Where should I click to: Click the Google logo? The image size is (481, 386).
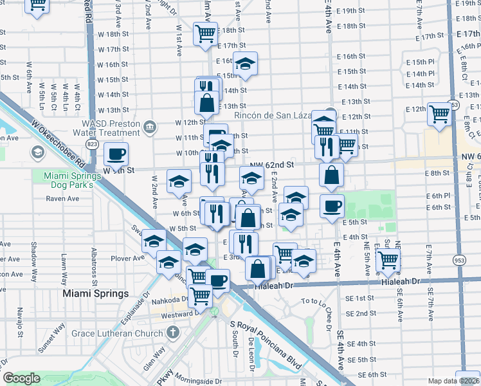pos(21,378)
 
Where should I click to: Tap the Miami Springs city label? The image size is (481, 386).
pos(95,293)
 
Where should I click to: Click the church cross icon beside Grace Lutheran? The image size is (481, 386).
pos(171,333)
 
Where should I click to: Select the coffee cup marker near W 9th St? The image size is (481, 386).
pos(116,154)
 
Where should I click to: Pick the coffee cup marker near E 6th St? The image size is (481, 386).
pos(332,206)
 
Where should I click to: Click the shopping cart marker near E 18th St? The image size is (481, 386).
pos(205,33)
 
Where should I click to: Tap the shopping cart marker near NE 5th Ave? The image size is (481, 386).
pos(388,260)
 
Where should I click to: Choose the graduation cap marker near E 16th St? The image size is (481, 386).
pos(244,63)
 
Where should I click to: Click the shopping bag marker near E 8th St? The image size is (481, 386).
pos(331,174)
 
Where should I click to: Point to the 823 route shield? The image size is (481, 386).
pos(93,144)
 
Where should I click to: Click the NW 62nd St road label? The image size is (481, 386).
pos(271,165)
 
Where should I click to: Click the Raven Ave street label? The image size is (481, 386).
pos(62,199)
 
